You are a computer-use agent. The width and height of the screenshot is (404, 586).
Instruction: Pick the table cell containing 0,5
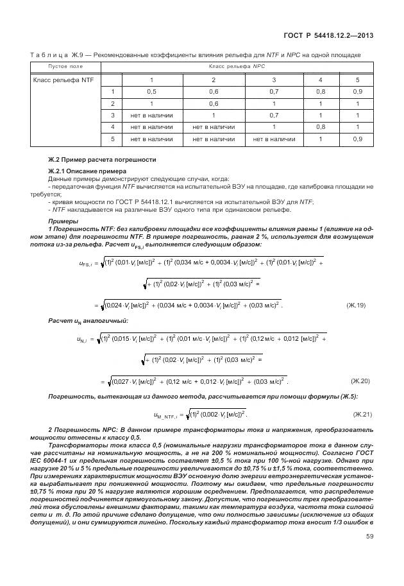151,92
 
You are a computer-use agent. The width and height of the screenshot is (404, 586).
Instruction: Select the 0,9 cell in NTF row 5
357,139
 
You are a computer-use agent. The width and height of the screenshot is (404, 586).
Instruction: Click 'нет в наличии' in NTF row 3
151,115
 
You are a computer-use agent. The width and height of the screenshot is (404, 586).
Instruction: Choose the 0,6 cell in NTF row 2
214,103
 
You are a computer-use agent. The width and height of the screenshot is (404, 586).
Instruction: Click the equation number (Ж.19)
355,306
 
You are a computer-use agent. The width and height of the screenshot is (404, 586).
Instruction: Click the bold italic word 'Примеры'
62,221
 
